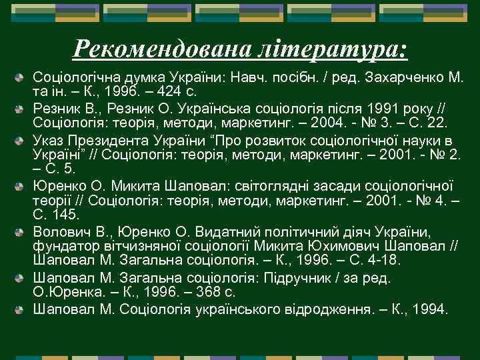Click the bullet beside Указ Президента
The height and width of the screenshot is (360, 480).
click(x=23, y=141)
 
